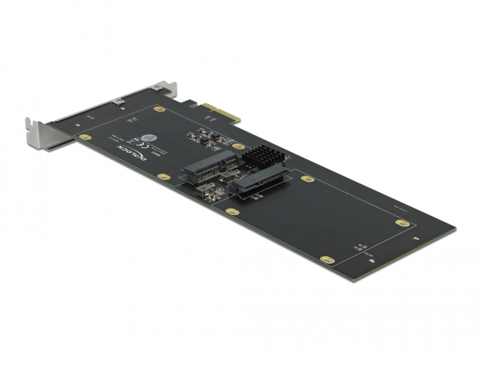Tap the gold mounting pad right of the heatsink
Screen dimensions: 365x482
click(x=308, y=178)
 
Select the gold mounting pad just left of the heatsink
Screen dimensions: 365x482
click(x=239, y=147)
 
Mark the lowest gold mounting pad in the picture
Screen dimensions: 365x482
click(x=329, y=261)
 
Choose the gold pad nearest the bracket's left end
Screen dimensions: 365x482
click(x=85, y=137)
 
